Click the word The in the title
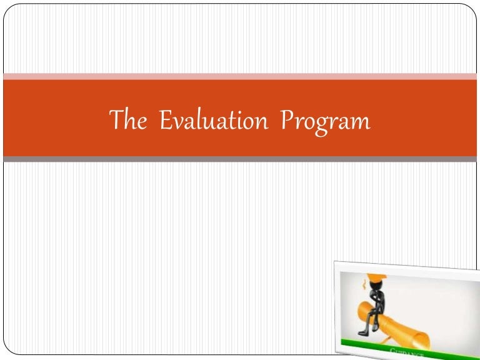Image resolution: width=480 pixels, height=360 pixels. click(127, 120)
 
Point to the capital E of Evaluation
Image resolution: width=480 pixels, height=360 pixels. click(166, 120)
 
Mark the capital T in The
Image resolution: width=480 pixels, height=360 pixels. click(116, 119)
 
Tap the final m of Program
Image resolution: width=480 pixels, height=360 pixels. click(361, 122)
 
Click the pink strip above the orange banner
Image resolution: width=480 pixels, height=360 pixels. click(240, 76)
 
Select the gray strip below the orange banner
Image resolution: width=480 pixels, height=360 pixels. click(240, 159)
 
